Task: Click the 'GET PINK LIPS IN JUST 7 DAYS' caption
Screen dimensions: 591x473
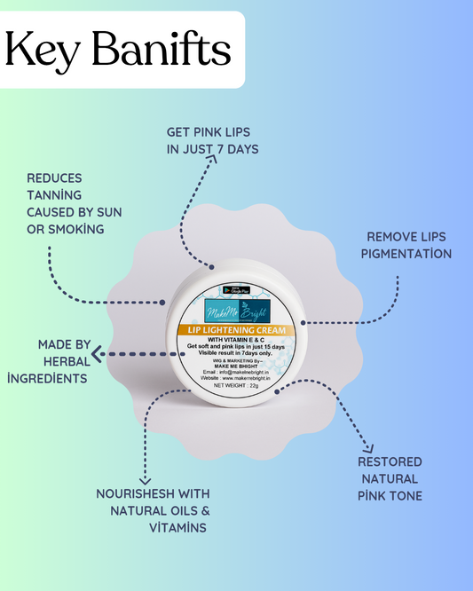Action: pyautogui.click(x=213, y=140)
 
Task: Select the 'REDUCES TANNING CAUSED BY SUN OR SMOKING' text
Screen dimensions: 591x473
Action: pyautogui.click(x=75, y=202)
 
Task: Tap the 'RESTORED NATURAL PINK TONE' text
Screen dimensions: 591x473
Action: pyautogui.click(x=390, y=478)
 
